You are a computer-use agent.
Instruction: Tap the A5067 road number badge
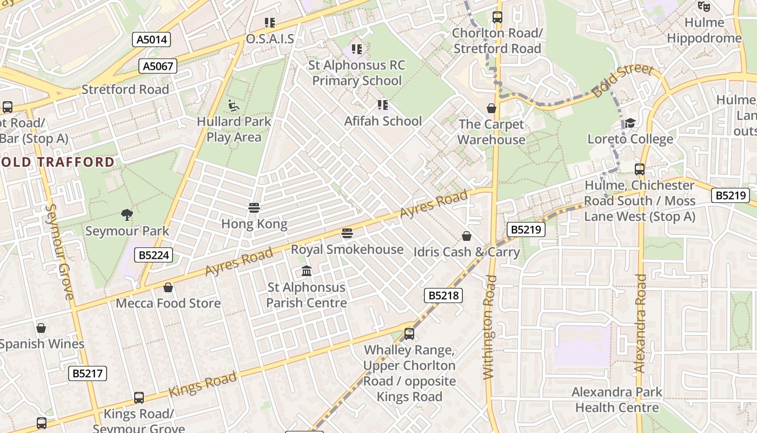point(158,67)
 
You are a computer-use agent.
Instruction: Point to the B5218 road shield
point(443,295)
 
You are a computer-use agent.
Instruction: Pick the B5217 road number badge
point(88,373)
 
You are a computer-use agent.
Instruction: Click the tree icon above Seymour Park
point(127,215)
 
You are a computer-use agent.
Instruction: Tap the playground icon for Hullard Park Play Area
point(234,105)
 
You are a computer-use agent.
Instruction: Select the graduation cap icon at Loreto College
point(630,123)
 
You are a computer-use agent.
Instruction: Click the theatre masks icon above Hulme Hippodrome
point(703,6)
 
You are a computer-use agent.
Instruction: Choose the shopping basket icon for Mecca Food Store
point(168,287)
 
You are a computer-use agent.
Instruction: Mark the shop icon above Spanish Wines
point(41,328)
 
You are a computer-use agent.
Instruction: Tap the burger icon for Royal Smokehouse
point(347,233)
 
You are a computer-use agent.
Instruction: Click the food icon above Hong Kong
point(254,208)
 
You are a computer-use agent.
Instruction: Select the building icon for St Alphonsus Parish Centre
point(307,271)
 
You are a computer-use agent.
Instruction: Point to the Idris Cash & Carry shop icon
point(466,236)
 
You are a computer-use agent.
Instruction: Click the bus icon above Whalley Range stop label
point(409,334)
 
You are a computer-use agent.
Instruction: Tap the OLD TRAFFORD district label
point(58,162)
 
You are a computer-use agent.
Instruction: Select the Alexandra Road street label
point(640,323)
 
